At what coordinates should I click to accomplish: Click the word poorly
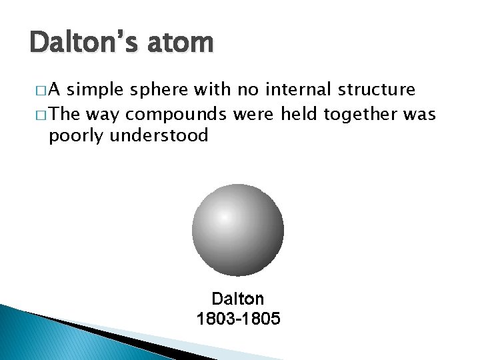[x=75, y=137]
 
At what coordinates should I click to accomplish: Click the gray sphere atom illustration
[x=238, y=230]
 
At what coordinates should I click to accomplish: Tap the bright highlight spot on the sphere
[x=225, y=217]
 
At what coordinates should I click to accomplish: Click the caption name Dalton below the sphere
[x=238, y=299]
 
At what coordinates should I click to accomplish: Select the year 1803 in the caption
[x=215, y=319]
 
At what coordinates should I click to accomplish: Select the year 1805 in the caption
[x=262, y=319]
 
